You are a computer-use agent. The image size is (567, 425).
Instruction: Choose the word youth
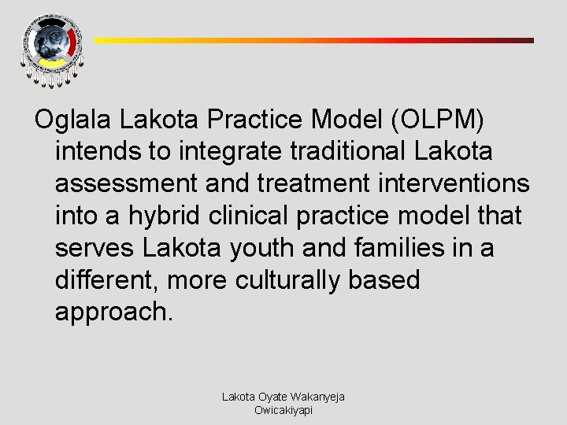(x=259, y=248)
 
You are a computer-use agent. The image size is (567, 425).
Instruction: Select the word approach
(x=113, y=312)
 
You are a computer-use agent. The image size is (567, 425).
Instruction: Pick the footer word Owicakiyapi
(x=283, y=410)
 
